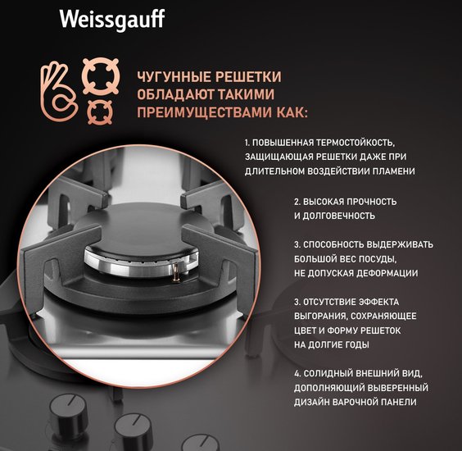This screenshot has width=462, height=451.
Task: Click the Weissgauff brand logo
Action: tap(112, 20)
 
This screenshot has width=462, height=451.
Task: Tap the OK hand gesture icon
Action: tap(59, 92)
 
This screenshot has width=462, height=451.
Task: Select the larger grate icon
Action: tap(101, 76)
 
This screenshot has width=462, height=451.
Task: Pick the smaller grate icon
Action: tap(100, 112)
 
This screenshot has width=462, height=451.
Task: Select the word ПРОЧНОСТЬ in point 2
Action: tap(372, 202)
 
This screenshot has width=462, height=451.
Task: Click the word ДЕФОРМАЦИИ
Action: tap(387, 273)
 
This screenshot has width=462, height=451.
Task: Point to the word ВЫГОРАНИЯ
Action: tap(320, 316)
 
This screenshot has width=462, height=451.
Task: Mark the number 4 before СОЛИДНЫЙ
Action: tap(297, 373)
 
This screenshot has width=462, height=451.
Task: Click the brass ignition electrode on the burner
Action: tap(176, 272)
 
